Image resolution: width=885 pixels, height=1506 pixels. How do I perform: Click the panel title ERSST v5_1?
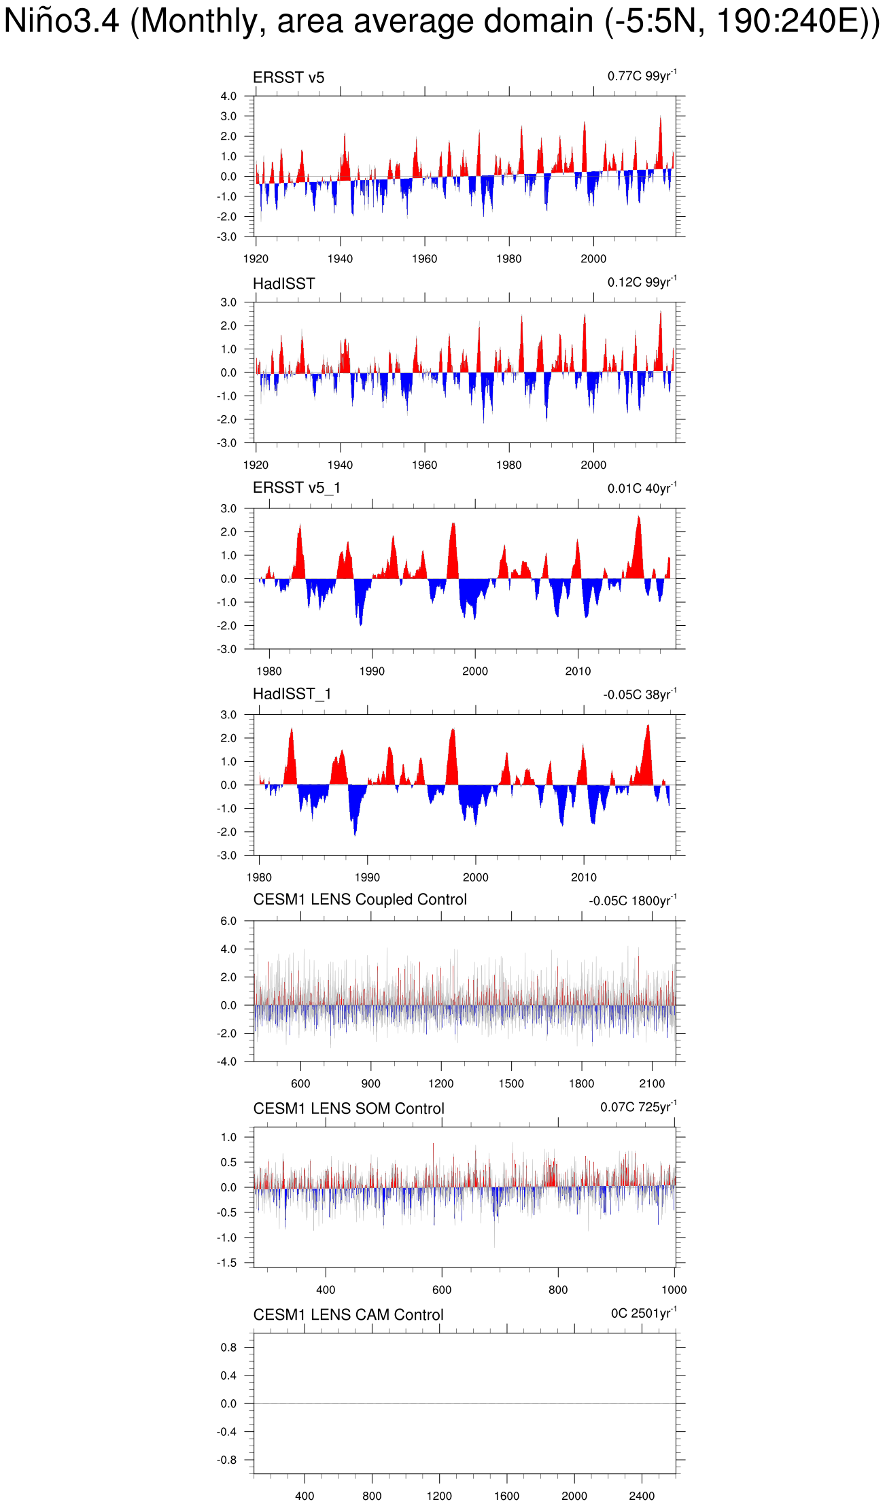pos(296,488)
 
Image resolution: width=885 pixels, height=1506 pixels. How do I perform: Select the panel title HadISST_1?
pos(292,694)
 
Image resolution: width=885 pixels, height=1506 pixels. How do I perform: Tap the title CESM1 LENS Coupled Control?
pos(360,900)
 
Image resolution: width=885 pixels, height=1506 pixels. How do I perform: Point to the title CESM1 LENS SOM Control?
pos(348,1108)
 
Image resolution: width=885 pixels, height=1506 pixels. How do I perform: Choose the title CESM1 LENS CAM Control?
pos(348,1315)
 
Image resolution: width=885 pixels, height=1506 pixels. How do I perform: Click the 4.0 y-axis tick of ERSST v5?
pos(228,97)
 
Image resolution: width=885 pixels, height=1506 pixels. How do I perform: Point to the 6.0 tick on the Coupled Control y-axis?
pos(228,922)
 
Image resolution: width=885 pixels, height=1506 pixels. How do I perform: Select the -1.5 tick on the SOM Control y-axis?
pos(227,1263)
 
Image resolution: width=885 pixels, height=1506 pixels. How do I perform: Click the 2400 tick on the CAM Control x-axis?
pos(641,1496)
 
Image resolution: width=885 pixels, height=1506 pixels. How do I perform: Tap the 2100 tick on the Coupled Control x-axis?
pos(651,1083)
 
